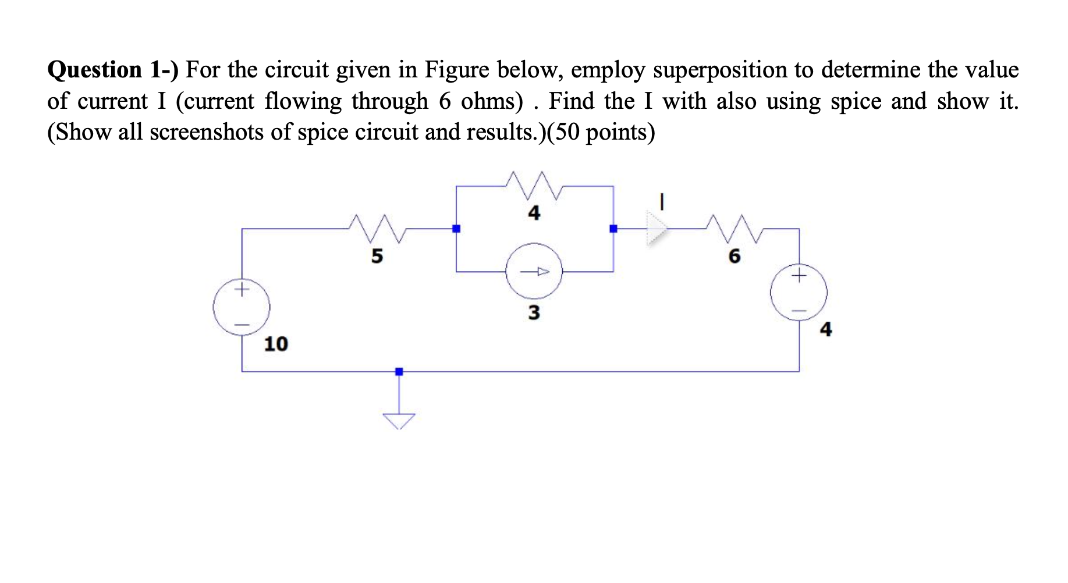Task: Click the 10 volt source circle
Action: [242, 307]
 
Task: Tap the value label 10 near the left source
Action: [276, 344]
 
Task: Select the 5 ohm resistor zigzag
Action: [377, 229]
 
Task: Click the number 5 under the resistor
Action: [377, 256]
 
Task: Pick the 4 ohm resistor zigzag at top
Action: [534, 186]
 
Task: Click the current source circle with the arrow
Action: [534, 272]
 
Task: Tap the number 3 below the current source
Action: [534, 313]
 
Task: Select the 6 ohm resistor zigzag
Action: [734, 229]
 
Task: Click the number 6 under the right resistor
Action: [735, 256]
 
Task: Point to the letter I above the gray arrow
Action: [662, 202]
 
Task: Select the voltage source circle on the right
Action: [799, 292]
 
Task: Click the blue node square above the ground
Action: [399, 371]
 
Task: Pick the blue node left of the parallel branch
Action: [456, 229]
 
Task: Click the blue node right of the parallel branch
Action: [613, 229]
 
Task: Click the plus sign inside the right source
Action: [799, 274]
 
